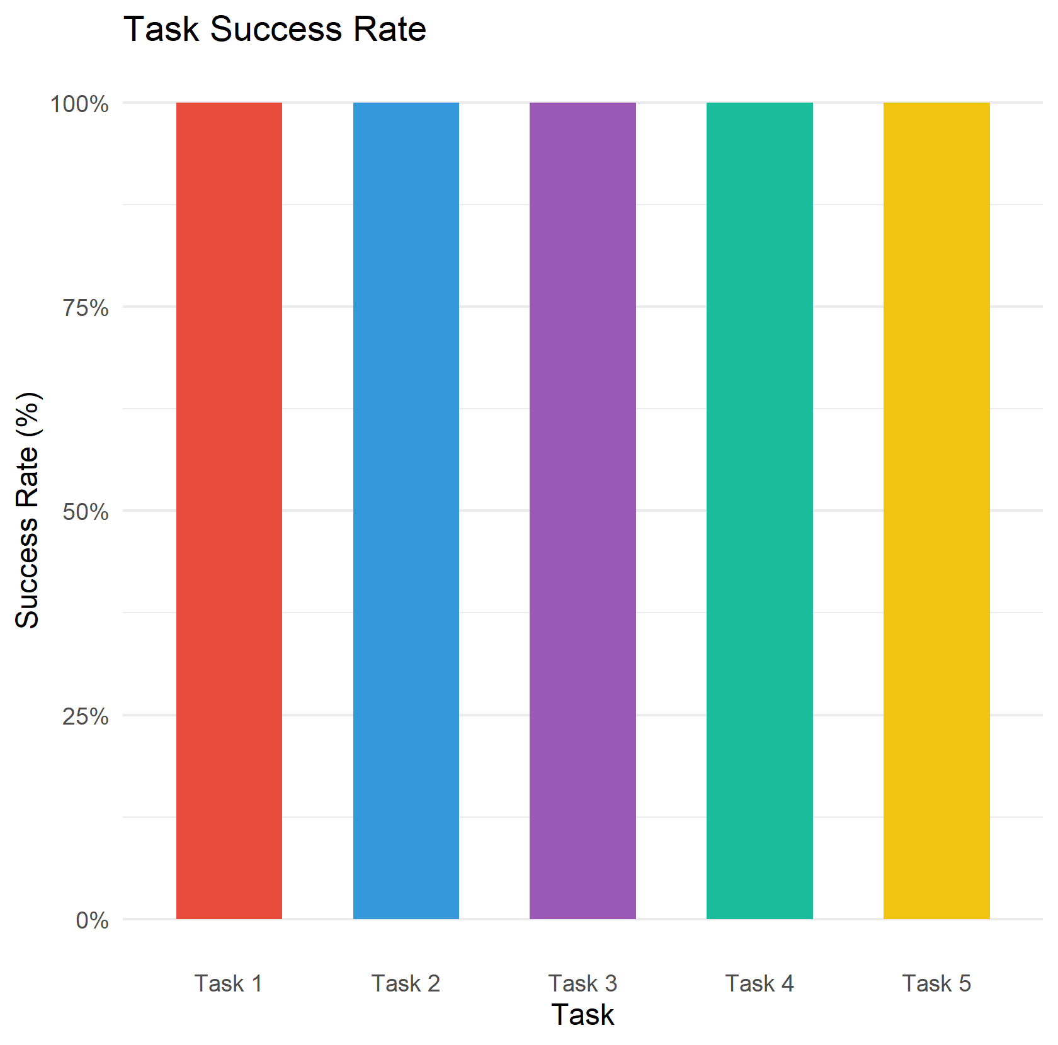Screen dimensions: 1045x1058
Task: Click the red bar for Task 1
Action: (229, 510)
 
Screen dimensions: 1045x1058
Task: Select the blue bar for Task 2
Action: (406, 510)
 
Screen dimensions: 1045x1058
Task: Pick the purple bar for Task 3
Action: (583, 510)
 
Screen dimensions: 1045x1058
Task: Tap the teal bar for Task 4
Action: (759, 510)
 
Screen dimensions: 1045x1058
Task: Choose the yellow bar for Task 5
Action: (936, 510)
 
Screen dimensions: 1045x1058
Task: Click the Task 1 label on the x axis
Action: (229, 983)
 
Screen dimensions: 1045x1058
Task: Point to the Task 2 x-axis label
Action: (406, 983)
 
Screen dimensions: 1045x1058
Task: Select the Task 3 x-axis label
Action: (583, 983)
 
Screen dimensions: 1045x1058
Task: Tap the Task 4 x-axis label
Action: (759, 983)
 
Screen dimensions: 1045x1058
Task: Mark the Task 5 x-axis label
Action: (936, 983)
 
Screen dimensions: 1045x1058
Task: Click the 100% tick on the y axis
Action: (80, 104)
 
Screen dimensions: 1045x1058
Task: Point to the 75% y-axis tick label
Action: (86, 308)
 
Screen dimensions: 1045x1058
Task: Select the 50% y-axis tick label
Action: (86, 512)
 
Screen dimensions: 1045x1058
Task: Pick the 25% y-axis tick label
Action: (86, 716)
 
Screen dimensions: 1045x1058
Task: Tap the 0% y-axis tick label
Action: (92, 920)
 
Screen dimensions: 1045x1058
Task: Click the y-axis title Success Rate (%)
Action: (28, 510)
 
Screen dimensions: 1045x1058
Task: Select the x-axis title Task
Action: (583, 1015)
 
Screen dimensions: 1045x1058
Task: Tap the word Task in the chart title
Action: (161, 29)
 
